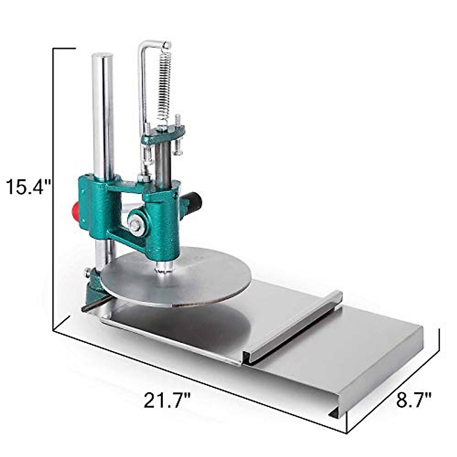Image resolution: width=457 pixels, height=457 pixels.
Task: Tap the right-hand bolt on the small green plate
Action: [x=177, y=135]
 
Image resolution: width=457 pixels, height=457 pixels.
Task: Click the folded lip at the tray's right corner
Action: [x=335, y=413]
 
